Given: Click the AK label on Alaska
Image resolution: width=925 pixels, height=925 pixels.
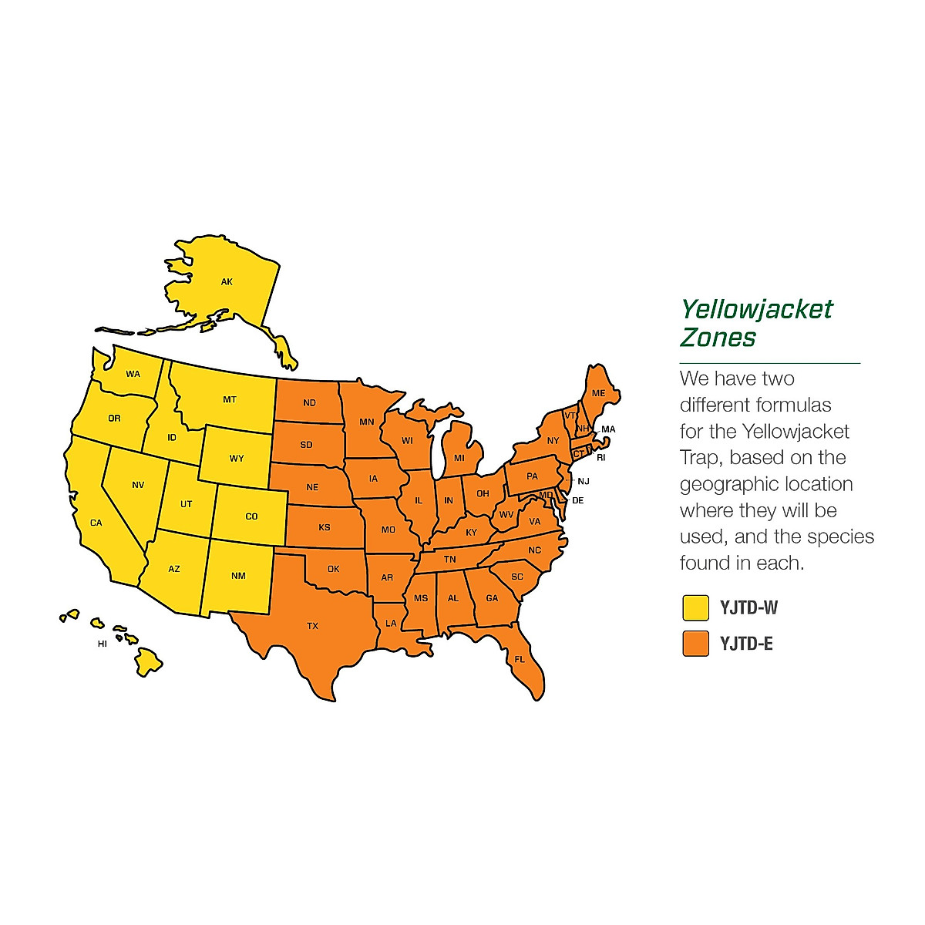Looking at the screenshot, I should [x=227, y=282].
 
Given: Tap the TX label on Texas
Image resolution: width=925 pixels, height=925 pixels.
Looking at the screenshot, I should [x=312, y=626].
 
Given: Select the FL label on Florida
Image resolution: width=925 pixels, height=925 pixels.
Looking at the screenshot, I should [x=520, y=659].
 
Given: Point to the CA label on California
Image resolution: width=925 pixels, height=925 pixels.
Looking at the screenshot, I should [x=96, y=523].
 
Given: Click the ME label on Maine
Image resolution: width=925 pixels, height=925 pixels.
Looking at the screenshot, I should [x=599, y=393].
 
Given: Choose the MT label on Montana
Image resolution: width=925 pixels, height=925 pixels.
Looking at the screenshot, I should [x=230, y=399].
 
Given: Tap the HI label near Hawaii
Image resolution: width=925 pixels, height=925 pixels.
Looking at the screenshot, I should [x=103, y=644].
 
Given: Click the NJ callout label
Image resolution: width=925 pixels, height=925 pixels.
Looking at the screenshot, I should [x=584, y=481].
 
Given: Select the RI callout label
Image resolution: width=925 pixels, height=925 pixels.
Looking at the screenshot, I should [x=601, y=458].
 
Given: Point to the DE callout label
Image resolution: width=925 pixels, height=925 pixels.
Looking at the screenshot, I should [x=578, y=500].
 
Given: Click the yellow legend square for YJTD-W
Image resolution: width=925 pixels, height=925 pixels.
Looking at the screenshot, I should [x=695, y=607].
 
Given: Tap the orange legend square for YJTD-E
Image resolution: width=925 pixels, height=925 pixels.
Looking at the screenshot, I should [x=695, y=644].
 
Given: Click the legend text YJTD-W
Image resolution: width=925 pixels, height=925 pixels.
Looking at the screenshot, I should [x=748, y=607].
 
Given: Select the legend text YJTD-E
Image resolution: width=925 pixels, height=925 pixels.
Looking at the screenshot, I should [x=746, y=644].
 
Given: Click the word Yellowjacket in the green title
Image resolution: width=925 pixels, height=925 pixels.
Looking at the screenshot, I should [x=756, y=310].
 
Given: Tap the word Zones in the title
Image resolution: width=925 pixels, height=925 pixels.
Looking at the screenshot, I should [x=718, y=338].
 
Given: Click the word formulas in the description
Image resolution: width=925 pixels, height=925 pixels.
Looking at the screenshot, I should [x=794, y=405].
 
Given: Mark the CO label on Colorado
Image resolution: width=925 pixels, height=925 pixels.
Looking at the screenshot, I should [x=251, y=516].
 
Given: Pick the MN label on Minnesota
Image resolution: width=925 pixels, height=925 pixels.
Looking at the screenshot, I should [x=366, y=422].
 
